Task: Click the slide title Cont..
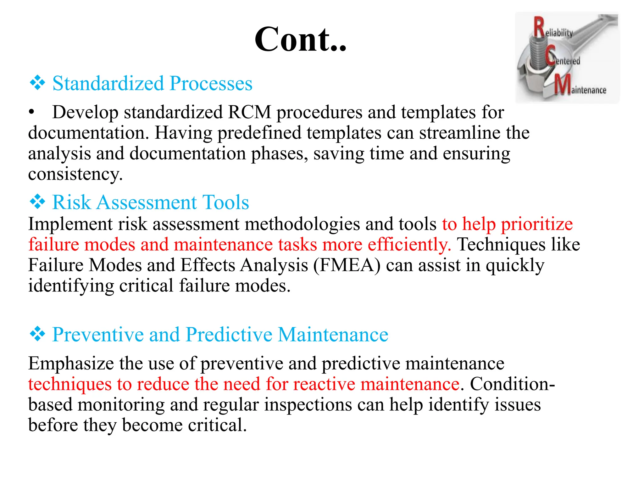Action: click(300, 40)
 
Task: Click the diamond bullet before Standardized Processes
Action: click(37, 83)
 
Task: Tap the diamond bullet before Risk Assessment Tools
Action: click(37, 202)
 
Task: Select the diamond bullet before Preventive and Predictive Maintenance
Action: click(37, 334)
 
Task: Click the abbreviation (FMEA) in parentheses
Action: click(347, 265)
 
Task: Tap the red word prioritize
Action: click(536, 224)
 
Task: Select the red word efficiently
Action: click(409, 245)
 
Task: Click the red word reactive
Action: click(324, 384)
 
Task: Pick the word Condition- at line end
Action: click(512, 384)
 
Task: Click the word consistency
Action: click(75, 174)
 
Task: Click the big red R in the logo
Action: click(539, 27)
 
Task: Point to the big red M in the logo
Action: click(562, 85)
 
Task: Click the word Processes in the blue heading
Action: click(211, 83)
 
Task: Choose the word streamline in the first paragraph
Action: click(460, 133)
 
